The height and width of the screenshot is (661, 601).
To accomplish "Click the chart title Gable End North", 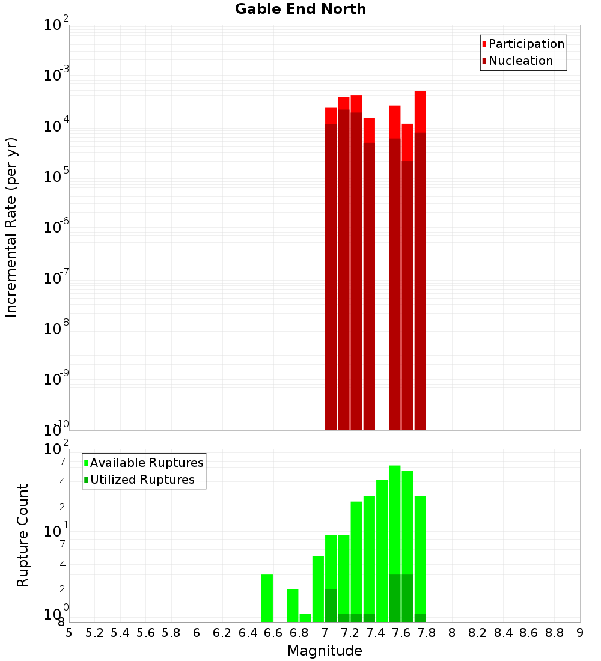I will (x=300, y=9).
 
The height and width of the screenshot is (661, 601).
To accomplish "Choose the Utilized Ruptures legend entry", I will (x=142, y=480).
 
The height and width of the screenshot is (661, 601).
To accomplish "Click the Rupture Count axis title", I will (x=23, y=535).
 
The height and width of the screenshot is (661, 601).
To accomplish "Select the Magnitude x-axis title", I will (x=325, y=651).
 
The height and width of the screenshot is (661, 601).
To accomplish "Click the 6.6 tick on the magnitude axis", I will (x=273, y=633).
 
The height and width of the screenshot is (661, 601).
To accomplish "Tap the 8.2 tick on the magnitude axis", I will (x=478, y=633).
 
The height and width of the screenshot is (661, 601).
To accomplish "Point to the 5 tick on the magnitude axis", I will (x=69, y=633).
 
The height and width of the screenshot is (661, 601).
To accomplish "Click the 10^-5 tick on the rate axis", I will (x=56, y=177).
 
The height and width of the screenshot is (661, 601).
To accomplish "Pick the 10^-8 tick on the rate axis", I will (x=56, y=329).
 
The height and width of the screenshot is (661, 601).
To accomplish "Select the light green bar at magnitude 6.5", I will (x=267, y=598).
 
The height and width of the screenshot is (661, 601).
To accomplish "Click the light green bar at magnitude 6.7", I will (x=293, y=605).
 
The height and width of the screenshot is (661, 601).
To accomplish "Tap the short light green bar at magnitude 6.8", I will (x=305, y=618).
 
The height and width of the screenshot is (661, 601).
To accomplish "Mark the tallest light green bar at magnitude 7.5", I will (x=395, y=517).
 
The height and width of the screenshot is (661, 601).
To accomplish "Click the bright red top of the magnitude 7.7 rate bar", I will (x=420, y=111).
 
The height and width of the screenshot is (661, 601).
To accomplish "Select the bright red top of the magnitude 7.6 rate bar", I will (x=407, y=142).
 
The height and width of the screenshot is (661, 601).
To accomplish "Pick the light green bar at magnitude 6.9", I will (x=319, y=589).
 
